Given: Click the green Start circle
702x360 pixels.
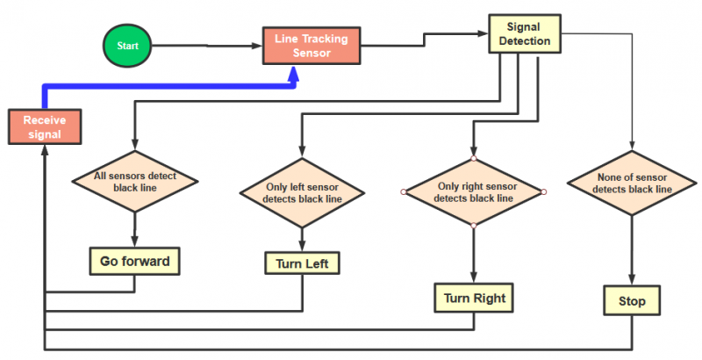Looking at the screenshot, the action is coord(127,46).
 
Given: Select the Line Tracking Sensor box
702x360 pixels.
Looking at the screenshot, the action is coord(312,46).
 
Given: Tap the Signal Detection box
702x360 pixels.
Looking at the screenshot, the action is coord(525,34).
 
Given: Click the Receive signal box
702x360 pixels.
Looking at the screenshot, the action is coord(45,126).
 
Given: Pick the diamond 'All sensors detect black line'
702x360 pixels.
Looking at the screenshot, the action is coord(135,182).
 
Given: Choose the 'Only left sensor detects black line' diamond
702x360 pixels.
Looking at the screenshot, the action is coord(302,193).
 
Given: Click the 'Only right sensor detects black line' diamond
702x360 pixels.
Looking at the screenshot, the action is coord(474,192).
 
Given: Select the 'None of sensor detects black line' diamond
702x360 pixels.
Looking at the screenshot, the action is coord(632,184).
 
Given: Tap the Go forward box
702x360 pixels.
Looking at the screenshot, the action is coord(135,261).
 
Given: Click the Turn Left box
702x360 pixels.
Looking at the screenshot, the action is coord(302,263).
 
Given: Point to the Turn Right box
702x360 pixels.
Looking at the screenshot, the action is coord(474,298).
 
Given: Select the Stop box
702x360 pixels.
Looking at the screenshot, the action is coord(632,300).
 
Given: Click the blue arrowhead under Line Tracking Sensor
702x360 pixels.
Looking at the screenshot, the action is coord(293,74).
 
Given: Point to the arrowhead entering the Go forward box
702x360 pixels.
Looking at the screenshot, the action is coord(135,241).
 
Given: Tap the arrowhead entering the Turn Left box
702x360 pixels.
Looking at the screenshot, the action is coord(302,246).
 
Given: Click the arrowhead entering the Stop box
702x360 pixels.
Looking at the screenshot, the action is coord(632,279).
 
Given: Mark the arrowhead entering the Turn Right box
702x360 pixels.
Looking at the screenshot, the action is coord(474,277).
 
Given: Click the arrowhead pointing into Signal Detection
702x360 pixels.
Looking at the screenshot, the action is coord(483,33).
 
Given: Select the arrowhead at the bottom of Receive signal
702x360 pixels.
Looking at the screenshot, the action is coord(45,151).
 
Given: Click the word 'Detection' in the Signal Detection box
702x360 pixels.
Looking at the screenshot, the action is coord(525,40).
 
